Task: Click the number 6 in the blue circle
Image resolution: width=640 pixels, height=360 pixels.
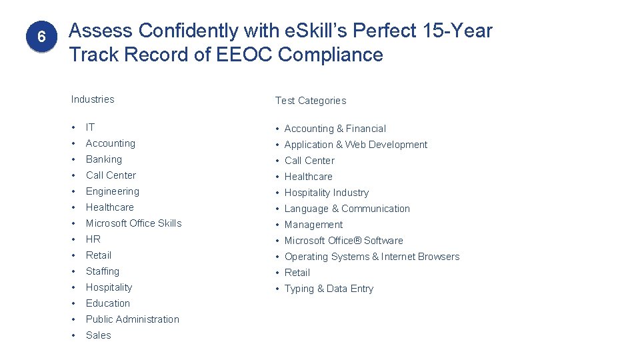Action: (x=41, y=37)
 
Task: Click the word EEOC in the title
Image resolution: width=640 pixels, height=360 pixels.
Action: (x=245, y=55)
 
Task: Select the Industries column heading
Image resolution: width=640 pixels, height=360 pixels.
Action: (x=93, y=99)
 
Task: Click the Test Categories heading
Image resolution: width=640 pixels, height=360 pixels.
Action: (x=311, y=101)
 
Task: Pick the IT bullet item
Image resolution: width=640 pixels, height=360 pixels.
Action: (x=91, y=127)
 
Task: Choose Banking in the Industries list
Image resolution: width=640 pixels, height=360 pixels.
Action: (x=104, y=159)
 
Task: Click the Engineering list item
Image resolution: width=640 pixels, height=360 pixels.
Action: (x=113, y=191)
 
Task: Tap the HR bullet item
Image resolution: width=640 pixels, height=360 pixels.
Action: (x=93, y=239)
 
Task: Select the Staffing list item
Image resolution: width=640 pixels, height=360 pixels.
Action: (x=103, y=271)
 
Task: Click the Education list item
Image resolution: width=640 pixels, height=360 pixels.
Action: (x=108, y=303)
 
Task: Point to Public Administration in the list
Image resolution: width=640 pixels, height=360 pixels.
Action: (x=133, y=319)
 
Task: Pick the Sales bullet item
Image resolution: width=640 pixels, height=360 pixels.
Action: (x=99, y=335)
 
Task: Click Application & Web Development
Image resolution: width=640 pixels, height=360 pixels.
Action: (x=356, y=145)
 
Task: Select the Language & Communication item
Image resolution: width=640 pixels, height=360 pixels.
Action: (x=347, y=209)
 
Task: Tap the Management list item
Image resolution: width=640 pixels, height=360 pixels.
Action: (x=313, y=225)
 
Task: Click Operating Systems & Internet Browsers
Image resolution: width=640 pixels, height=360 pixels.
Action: (x=372, y=257)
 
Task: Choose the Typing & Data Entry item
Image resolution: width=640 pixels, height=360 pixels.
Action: (x=329, y=289)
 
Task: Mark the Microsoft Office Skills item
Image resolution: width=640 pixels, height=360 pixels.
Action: (x=133, y=223)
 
